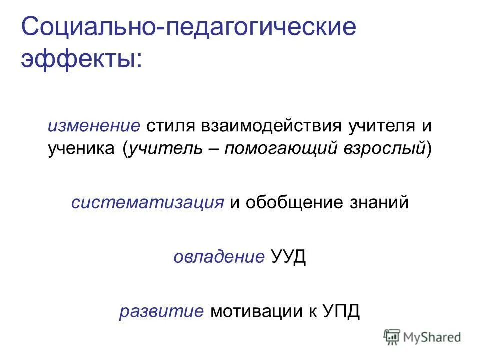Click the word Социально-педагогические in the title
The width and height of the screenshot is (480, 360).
pyautogui.click(x=189, y=28)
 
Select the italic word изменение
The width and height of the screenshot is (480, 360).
pyautogui.click(x=93, y=125)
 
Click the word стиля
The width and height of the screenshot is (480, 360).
pyautogui.click(x=171, y=125)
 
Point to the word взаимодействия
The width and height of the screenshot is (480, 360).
pyautogui.click(x=268, y=125)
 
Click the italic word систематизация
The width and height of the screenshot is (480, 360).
pyautogui.click(x=147, y=203)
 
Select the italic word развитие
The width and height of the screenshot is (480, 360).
pyautogui.click(x=161, y=311)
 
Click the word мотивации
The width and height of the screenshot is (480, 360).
pyautogui.click(x=255, y=311)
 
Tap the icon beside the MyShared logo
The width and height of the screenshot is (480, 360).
pyautogui.click(x=392, y=337)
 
